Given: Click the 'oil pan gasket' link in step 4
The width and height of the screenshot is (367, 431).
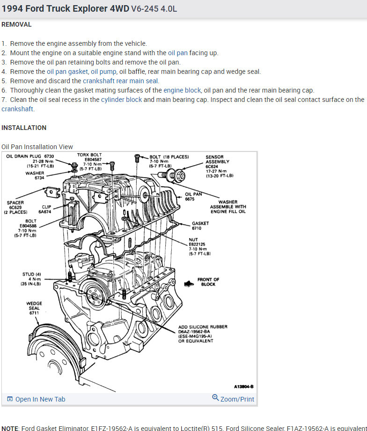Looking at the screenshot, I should [x=67, y=72].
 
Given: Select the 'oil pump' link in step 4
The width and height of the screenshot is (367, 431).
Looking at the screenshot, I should [x=103, y=72].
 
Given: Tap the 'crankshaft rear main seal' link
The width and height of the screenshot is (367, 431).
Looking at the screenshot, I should [x=121, y=81].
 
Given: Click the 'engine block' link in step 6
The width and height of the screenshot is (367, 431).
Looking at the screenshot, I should [x=182, y=90].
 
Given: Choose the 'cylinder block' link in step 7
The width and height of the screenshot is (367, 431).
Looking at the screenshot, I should [x=121, y=100].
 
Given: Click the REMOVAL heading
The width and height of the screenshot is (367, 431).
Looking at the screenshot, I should [x=16, y=24].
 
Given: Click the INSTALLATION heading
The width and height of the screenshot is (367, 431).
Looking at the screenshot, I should [x=24, y=128].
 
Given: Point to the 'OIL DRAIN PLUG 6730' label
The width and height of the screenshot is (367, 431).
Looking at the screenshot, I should [x=30, y=156].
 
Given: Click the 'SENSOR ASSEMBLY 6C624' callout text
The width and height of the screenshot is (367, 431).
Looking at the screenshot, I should [x=217, y=159].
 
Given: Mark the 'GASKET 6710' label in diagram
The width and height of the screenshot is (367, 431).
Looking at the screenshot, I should [x=200, y=226].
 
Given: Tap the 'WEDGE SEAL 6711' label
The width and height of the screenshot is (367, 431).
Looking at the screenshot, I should [x=34, y=308].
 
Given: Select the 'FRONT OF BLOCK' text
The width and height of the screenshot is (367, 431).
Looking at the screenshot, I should [x=208, y=282].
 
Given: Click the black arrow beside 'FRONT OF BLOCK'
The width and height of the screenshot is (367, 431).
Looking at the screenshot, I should [x=189, y=283].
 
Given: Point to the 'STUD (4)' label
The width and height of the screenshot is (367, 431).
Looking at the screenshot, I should [x=32, y=274].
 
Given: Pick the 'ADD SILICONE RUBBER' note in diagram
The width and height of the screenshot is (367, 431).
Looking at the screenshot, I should [x=203, y=327].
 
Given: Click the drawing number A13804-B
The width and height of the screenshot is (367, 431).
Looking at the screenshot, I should [x=243, y=387].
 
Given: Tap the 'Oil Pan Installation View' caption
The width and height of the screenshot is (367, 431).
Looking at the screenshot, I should [x=37, y=147].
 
